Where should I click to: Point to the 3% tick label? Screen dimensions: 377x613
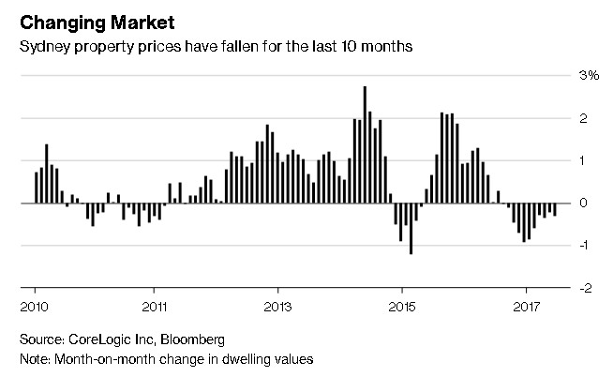pyautogui.click(x=589, y=75)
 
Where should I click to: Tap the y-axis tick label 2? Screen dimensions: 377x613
pyautogui.click(x=584, y=118)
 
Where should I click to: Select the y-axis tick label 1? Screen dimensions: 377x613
pyautogui.click(x=584, y=160)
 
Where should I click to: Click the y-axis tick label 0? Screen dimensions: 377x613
pyautogui.click(x=584, y=203)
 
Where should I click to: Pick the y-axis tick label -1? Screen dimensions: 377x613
pyautogui.click(x=582, y=246)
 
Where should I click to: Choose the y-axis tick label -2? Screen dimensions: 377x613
pyautogui.click(x=582, y=288)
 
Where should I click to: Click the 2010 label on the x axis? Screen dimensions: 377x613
pyautogui.click(x=34, y=306)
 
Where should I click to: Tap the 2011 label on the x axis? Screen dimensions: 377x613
pyautogui.click(x=156, y=306)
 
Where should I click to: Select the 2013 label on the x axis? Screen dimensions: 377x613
pyautogui.click(x=278, y=306)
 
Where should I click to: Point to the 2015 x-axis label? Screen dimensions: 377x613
pyautogui.click(x=401, y=306)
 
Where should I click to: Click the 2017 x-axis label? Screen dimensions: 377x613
pyautogui.click(x=525, y=306)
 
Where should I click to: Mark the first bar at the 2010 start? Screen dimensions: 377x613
pyautogui.click(x=36, y=188)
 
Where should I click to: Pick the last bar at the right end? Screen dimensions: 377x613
pyautogui.click(x=555, y=209)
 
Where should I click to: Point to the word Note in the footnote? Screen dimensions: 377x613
pyautogui.click(x=35, y=359)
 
